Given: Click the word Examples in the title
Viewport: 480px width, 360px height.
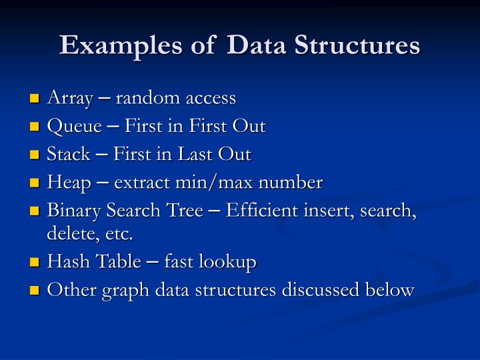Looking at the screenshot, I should (x=103, y=45).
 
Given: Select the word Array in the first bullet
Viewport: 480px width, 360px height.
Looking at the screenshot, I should (x=69, y=99).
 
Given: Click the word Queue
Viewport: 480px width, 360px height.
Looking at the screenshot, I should (x=74, y=127).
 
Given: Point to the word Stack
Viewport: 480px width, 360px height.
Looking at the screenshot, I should (x=69, y=155).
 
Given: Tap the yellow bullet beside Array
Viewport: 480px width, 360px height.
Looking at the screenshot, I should (x=36, y=99).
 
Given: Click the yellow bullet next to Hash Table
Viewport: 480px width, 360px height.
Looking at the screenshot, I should (x=36, y=263).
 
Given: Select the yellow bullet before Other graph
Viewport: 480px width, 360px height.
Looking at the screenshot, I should (x=36, y=291).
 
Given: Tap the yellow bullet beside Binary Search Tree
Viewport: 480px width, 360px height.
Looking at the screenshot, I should (x=36, y=211).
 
